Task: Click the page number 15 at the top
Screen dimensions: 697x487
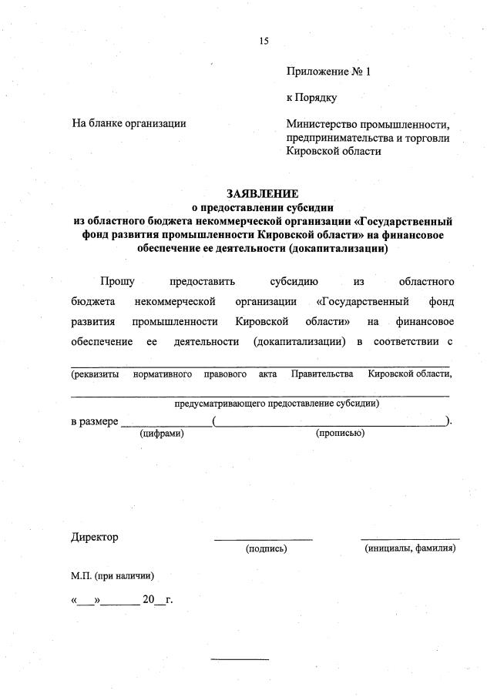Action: (x=264, y=42)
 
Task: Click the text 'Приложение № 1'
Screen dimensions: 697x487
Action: (x=328, y=72)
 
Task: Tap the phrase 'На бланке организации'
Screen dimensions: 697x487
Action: (x=129, y=122)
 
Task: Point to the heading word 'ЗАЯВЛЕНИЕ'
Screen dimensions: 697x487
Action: (x=262, y=194)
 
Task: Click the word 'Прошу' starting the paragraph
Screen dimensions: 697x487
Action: (x=117, y=280)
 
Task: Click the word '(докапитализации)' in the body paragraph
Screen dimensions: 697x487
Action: (x=298, y=340)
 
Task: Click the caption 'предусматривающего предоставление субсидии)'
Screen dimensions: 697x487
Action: (x=277, y=403)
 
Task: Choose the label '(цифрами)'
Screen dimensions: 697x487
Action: (x=161, y=434)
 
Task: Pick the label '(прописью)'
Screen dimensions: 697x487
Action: (x=340, y=434)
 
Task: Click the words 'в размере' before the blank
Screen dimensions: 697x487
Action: (x=94, y=421)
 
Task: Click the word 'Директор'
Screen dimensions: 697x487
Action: (x=95, y=537)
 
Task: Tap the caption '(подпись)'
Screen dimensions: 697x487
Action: (x=266, y=549)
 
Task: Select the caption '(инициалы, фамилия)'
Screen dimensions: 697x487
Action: (x=410, y=548)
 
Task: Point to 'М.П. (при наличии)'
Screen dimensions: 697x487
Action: (x=113, y=575)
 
